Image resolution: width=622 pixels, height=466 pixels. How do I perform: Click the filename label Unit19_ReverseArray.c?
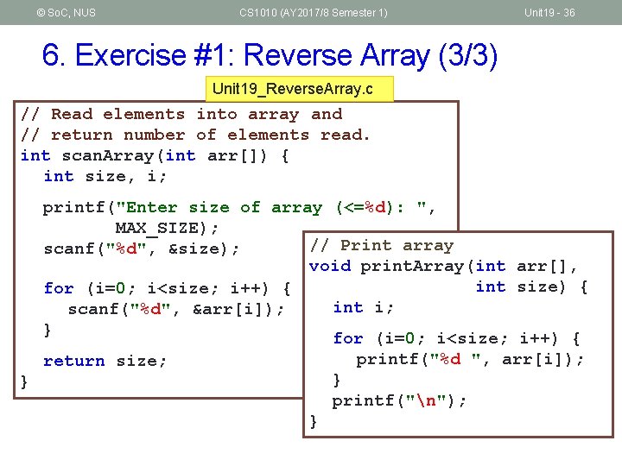point(299,89)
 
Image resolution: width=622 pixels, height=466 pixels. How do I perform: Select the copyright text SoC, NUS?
point(67,12)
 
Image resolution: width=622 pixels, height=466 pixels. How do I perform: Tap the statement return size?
point(105,361)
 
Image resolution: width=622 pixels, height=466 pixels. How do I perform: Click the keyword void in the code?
point(330,266)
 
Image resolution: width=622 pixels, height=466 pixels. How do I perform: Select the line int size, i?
point(105,177)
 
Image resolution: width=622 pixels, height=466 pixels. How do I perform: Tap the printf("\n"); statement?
point(399,400)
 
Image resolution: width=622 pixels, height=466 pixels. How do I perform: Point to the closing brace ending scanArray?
point(25,381)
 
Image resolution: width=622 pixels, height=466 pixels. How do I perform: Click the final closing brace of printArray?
point(314,422)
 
